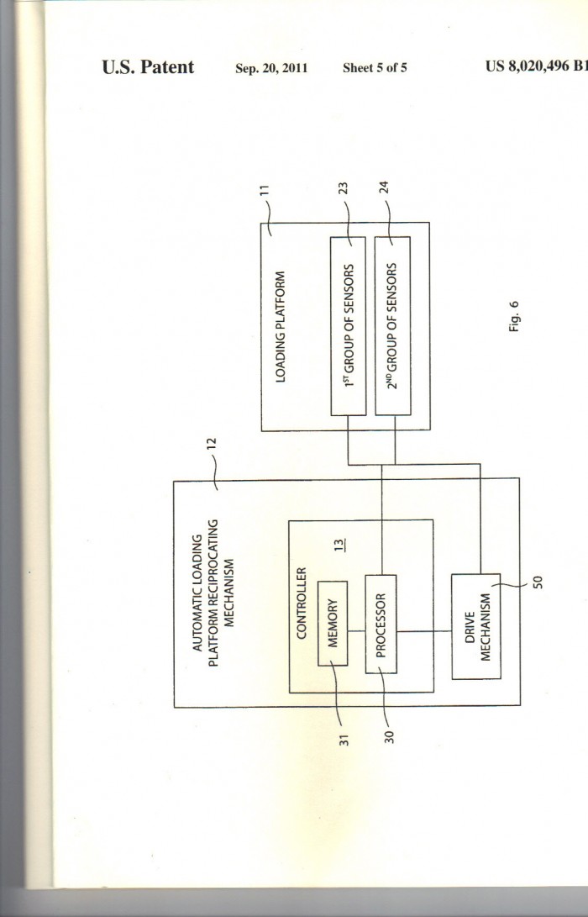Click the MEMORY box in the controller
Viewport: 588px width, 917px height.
click(x=333, y=624)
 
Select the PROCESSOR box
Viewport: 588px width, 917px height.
click(x=381, y=624)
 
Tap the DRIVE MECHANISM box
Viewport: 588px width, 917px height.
click(x=476, y=626)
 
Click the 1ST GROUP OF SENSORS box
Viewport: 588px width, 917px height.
click(x=349, y=326)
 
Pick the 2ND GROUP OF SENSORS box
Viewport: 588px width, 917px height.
click(x=393, y=326)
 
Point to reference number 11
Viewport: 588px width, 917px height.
click(x=265, y=189)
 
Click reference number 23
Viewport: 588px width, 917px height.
click(x=344, y=187)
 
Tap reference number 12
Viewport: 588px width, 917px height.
click(x=212, y=443)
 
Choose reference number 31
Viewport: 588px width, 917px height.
click(x=344, y=740)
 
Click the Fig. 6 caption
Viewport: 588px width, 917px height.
click(x=514, y=316)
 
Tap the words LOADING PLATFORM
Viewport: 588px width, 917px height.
click(x=281, y=327)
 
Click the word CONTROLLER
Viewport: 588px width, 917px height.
click(x=302, y=603)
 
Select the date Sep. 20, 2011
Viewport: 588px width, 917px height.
click(x=271, y=68)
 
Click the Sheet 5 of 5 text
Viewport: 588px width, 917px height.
click(x=375, y=68)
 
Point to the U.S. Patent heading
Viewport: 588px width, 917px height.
click(x=148, y=66)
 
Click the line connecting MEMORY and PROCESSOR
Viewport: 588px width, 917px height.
click(x=356, y=631)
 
